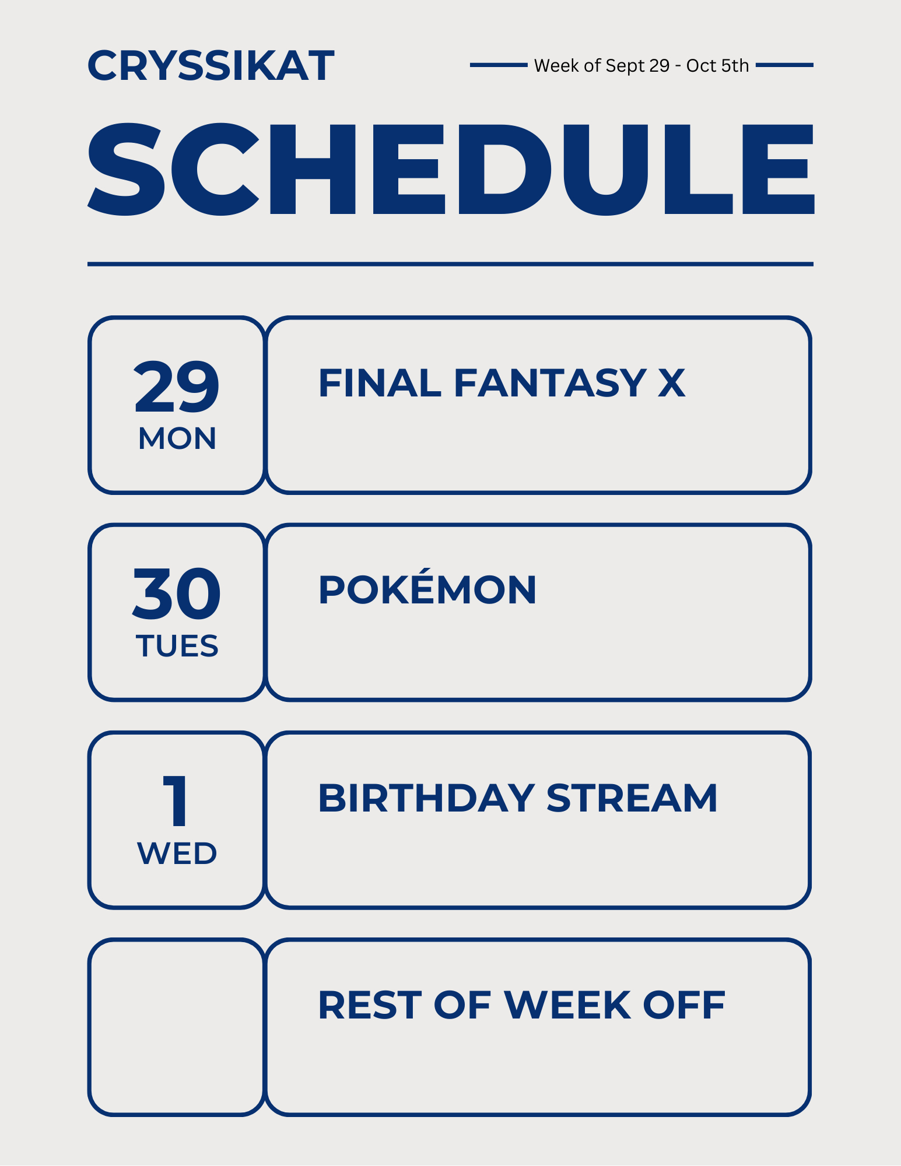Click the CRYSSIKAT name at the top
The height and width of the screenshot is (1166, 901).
pos(211,65)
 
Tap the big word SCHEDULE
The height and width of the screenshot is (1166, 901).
pos(451,170)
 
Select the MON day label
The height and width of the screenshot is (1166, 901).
pos(177,438)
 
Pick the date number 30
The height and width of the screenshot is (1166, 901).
pos(177,593)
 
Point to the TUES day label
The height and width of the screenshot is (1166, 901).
pos(177,646)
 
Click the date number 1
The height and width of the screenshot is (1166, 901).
pos(176,801)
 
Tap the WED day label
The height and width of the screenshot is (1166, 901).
pos(177,854)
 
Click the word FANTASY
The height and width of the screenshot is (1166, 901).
pos(550,383)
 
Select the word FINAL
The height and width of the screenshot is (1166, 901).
pos(380,383)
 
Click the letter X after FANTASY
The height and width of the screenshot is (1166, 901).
pos(672,383)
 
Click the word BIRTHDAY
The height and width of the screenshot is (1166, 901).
pos(427,798)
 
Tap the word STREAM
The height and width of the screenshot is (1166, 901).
pos(632,798)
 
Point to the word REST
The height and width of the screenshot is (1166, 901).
pos(370,1005)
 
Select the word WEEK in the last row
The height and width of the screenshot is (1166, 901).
pos(567,1005)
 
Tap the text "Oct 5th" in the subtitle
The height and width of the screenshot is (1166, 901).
pos(717,65)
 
